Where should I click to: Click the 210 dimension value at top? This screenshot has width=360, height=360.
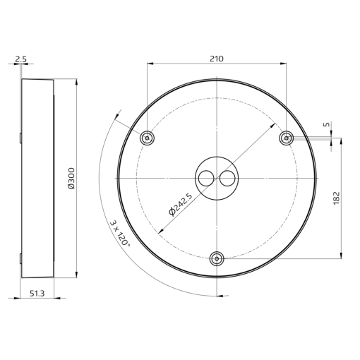pos(217,59)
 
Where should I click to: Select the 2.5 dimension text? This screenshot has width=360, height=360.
pos(20,60)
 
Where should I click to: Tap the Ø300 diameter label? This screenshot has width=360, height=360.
pos(71,178)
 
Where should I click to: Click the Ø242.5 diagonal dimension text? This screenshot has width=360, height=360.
pos(179,204)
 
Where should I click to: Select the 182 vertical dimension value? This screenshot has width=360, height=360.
pos(336,197)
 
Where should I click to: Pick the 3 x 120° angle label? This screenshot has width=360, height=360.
pos(120,232)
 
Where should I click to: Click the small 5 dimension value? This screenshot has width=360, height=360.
pos(326,124)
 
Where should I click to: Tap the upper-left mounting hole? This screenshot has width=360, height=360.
pos(147,138)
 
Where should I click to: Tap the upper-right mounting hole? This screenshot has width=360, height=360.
pos(286,138)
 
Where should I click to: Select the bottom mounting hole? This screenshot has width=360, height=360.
pos(217,258)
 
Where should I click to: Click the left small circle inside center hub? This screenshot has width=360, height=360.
pos(205,179)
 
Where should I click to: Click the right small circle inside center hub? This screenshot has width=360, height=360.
pos(227,179)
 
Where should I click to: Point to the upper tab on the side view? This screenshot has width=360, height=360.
pos(20,138)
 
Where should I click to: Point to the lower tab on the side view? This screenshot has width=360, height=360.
pos(20,258)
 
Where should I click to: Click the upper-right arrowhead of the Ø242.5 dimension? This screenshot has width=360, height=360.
pos(273,125)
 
